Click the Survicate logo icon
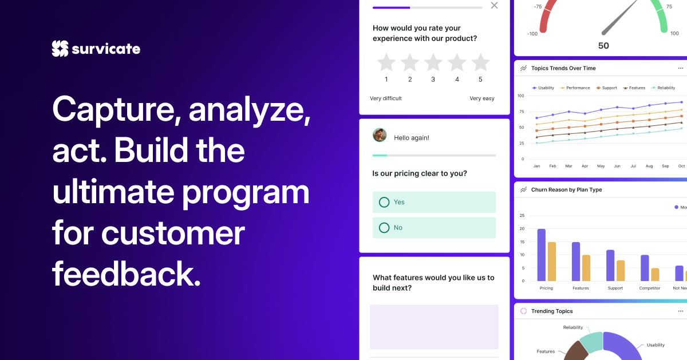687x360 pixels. tap(60, 49)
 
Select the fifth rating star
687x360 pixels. tap(480, 62)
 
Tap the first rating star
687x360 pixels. tap(386, 62)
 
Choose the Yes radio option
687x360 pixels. tap(384, 202)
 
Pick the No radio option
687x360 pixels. tap(384, 228)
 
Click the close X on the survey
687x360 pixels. tap(495, 6)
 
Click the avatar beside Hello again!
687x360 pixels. tap(380, 135)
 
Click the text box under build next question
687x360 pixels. tap(434, 326)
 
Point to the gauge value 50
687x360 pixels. tap(603, 46)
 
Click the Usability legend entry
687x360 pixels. tap(543, 88)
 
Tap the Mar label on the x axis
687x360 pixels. tap(568, 166)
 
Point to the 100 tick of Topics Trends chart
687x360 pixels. tap(520, 96)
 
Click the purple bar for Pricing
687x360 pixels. tap(541, 255)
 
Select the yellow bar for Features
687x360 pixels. tap(586, 268)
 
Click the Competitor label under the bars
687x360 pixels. tap(650, 288)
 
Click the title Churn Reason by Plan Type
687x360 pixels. tap(567, 189)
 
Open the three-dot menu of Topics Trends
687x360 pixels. tap(681, 68)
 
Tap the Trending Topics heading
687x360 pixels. tap(552, 311)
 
